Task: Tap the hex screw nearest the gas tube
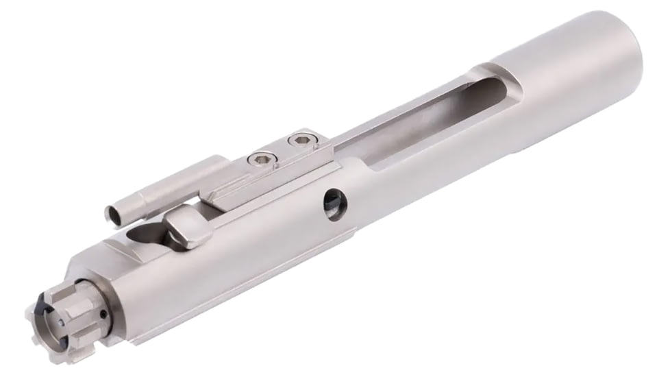[x=260, y=160]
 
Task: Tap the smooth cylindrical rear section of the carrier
[x=575, y=62]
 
